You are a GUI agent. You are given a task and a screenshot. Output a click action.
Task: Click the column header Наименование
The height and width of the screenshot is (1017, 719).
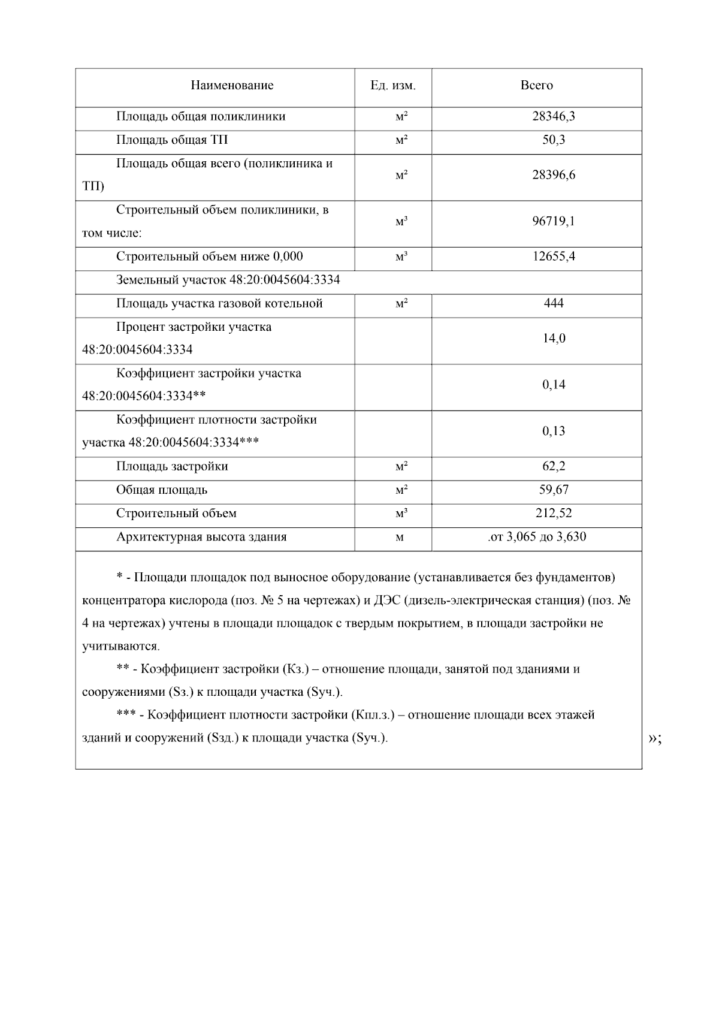[232, 86]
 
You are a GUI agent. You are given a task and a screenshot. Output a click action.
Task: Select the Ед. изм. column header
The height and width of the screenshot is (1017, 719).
[392, 86]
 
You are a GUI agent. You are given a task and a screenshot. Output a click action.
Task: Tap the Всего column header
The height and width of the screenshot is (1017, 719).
[536, 86]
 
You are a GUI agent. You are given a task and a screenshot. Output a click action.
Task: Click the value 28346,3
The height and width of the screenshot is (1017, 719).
[553, 116]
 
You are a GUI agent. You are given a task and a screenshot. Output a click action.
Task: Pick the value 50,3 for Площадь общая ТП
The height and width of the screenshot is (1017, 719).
[553, 140]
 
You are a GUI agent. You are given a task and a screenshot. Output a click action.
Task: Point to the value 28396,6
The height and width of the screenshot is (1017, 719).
[553, 176]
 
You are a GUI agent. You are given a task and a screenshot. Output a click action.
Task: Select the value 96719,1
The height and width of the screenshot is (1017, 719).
[553, 222]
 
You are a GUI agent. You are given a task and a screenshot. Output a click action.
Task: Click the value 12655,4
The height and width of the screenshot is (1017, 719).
[553, 257]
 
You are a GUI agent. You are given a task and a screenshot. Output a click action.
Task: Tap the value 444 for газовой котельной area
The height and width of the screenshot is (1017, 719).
[553, 304]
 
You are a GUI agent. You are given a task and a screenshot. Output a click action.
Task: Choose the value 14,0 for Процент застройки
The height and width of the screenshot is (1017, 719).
[553, 339]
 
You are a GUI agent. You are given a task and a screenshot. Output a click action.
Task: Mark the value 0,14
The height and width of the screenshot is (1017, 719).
[553, 385]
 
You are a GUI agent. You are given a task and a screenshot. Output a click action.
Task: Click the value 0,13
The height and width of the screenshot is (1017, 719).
[553, 431]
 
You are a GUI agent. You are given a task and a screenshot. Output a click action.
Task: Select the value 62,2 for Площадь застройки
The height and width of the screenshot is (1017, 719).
[553, 467]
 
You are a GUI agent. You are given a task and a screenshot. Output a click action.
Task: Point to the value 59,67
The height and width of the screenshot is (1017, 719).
[553, 490]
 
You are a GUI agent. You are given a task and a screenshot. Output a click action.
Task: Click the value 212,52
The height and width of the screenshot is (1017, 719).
[553, 514]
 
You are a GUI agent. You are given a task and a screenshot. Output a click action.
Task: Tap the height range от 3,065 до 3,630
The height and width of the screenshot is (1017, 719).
[537, 537]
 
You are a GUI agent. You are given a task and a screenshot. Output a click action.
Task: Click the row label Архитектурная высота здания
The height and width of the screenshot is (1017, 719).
[201, 537]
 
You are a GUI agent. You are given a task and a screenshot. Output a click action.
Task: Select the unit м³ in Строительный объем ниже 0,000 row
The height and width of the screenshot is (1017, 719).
[401, 257]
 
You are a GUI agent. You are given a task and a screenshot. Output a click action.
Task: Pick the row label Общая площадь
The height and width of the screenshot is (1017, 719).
[162, 490]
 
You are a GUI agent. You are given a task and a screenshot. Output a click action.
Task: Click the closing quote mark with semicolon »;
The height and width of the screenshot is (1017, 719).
[655, 739]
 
